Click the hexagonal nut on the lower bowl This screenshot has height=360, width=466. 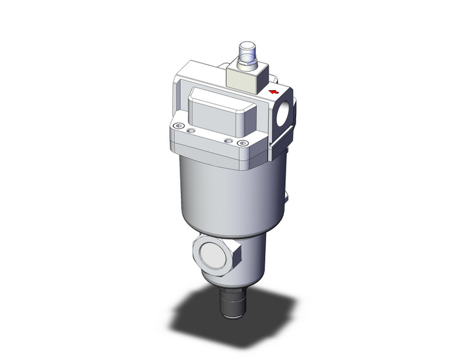point(217,256)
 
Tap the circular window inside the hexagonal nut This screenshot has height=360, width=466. point(215,256)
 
